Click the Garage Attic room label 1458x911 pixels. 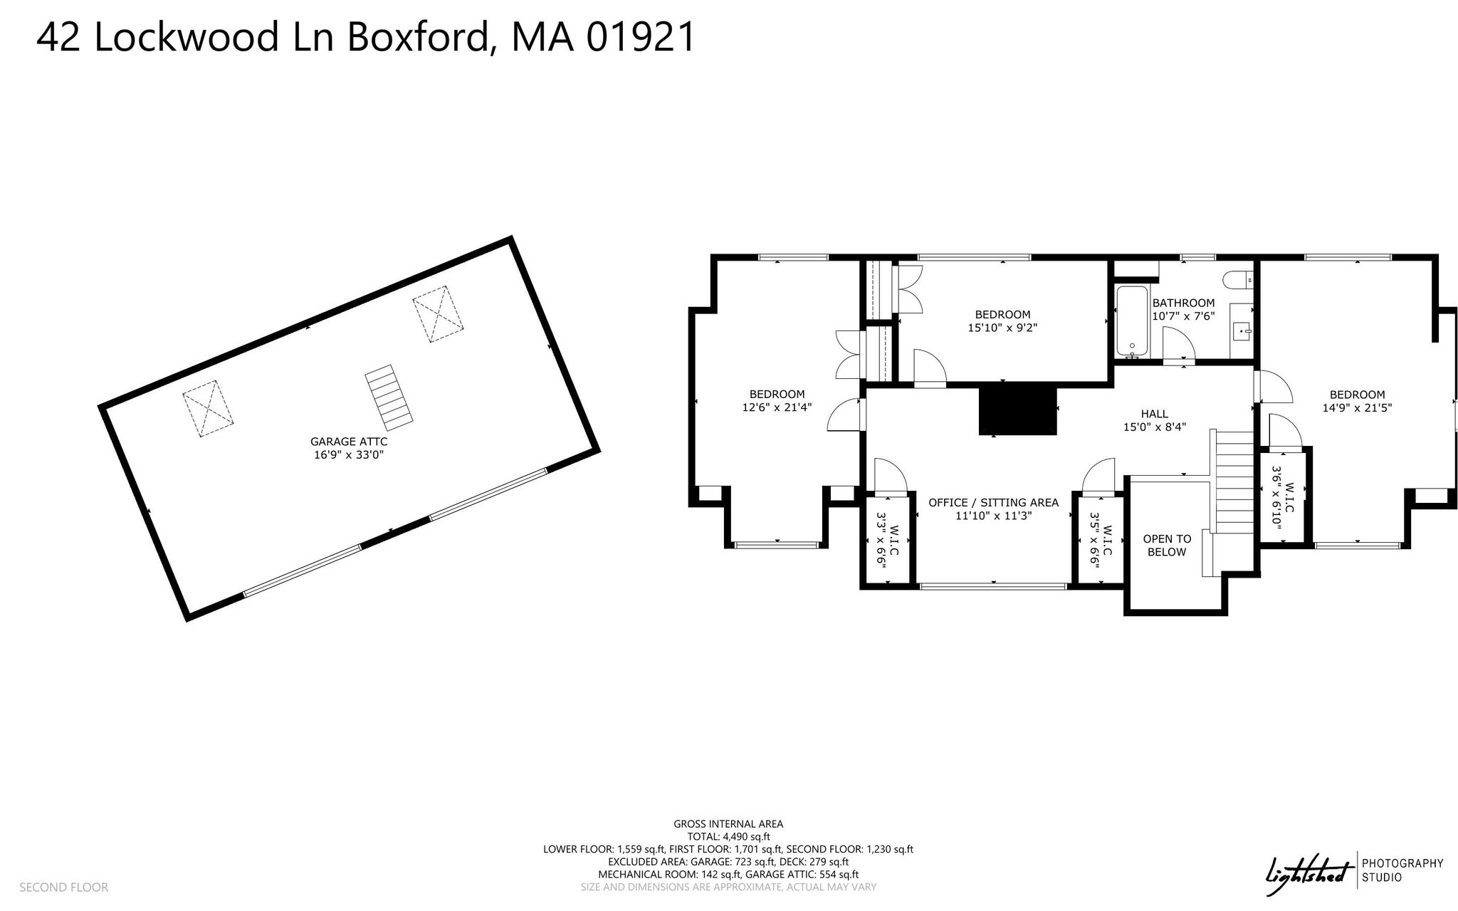coord(349,442)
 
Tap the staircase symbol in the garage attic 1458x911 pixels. coord(389,398)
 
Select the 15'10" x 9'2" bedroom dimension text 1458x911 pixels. coord(1002,328)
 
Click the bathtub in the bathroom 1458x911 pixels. coord(1132,321)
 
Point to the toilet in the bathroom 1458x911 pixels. coord(1239,281)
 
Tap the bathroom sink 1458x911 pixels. coord(1243,332)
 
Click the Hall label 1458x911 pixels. coord(1154,414)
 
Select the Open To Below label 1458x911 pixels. coord(1167,546)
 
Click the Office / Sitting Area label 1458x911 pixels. coord(993,503)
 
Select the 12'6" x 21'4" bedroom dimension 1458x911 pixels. coord(777,408)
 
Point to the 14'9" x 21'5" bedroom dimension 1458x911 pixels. coord(1357,408)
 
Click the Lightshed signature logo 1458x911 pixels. coord(1307,874)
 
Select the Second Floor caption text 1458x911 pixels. coord(63,887)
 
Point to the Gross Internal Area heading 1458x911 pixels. coord(728,824)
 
